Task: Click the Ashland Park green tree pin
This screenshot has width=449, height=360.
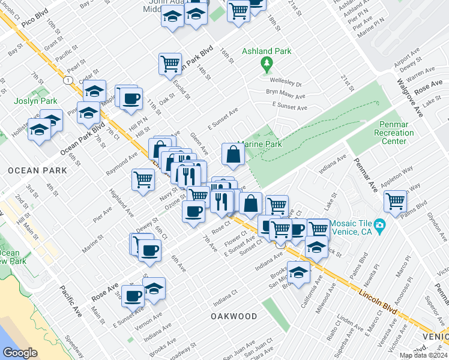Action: [x=266, y=64]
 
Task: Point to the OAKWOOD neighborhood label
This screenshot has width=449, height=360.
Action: [x=234, y=316]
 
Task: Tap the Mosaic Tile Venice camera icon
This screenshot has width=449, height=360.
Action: [x=379, y=226]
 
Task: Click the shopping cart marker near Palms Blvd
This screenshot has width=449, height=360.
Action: [x=396, y=201]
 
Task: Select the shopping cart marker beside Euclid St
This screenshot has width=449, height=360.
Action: [x=170, y=63]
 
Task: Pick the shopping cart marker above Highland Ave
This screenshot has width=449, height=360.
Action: [x=143, y=179]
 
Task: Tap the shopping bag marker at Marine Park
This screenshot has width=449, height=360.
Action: [x=233, y=154]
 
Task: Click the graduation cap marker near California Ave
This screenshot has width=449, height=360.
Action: [x=298, y=272]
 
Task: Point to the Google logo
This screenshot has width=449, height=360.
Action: [x=20, y=352]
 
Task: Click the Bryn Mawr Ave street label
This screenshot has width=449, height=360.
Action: [x=286, y=94]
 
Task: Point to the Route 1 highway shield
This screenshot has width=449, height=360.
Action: [x=68, y=80]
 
